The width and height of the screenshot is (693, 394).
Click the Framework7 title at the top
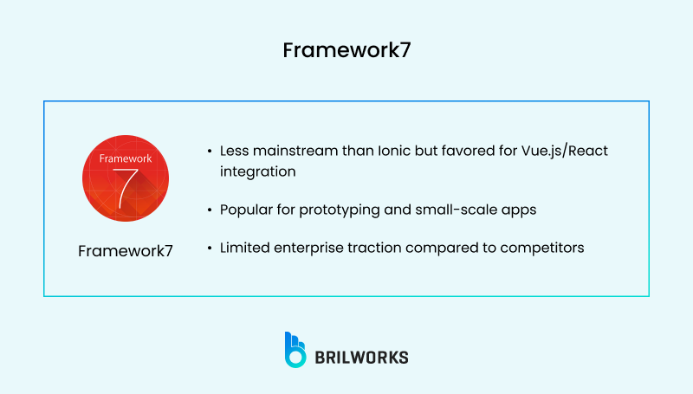346,50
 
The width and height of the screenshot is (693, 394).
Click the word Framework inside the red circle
126,158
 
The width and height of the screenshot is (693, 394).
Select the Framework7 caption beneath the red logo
126,251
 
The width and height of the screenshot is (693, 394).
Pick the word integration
257,171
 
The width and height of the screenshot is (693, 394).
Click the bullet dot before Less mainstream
209,152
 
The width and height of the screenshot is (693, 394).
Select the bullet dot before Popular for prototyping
209,210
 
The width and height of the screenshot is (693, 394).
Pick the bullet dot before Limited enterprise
209,249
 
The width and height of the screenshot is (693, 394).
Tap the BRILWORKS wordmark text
364,356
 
